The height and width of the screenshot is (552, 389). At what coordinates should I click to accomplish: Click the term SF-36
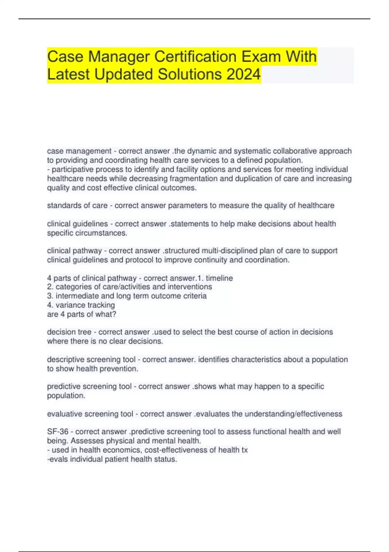pyautogui.click(x=58, y=432)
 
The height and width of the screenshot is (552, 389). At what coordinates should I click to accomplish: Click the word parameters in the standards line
pyautogui.click(x=189, y=206)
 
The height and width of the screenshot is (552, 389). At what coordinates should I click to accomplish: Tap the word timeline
pyautogui.click(x=219, y=278)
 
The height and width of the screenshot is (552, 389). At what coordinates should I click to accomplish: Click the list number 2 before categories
pyautogui.click(x=49, y=287)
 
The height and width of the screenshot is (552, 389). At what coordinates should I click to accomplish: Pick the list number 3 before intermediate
pyautogui.click(x=49, y=296)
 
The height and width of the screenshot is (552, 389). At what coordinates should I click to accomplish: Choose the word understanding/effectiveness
pyautogui.click(x=293, y=414)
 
